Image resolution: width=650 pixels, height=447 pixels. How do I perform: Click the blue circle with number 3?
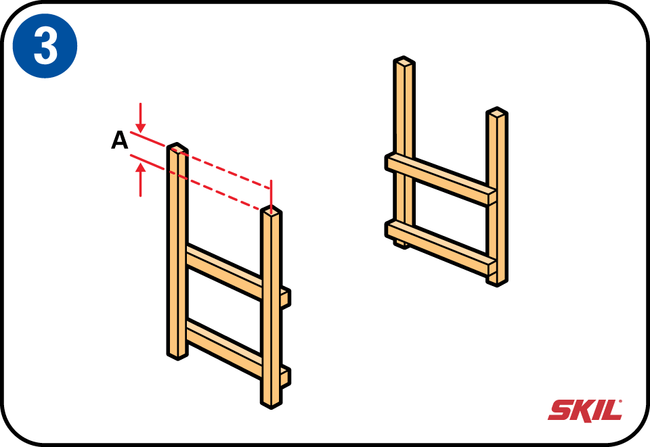pos(45,45)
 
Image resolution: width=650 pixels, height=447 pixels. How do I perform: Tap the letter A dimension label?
pos(119,140)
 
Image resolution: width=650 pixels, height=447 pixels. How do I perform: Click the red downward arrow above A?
pos(141,118)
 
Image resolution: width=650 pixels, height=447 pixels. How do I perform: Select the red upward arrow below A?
pos(141,179)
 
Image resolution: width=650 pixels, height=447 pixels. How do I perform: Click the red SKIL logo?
pos(585,410)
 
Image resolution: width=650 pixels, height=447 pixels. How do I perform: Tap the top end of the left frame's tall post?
pos(177,147)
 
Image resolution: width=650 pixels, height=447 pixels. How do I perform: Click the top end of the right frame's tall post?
pos(404,62)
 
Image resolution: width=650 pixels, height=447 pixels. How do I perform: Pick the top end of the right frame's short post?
pos(497,113)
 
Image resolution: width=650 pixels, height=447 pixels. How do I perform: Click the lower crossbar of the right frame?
pos(441,248)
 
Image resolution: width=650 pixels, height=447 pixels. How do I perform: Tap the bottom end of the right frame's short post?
pos(497,281)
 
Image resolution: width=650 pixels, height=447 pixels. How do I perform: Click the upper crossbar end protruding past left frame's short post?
pos(285,298)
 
